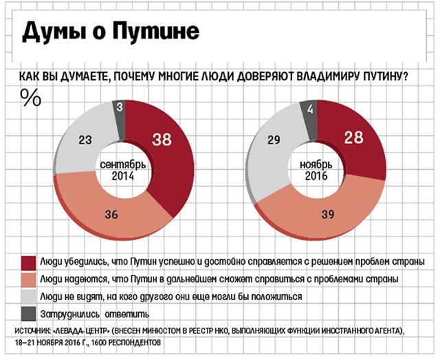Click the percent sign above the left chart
pos(30,98)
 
